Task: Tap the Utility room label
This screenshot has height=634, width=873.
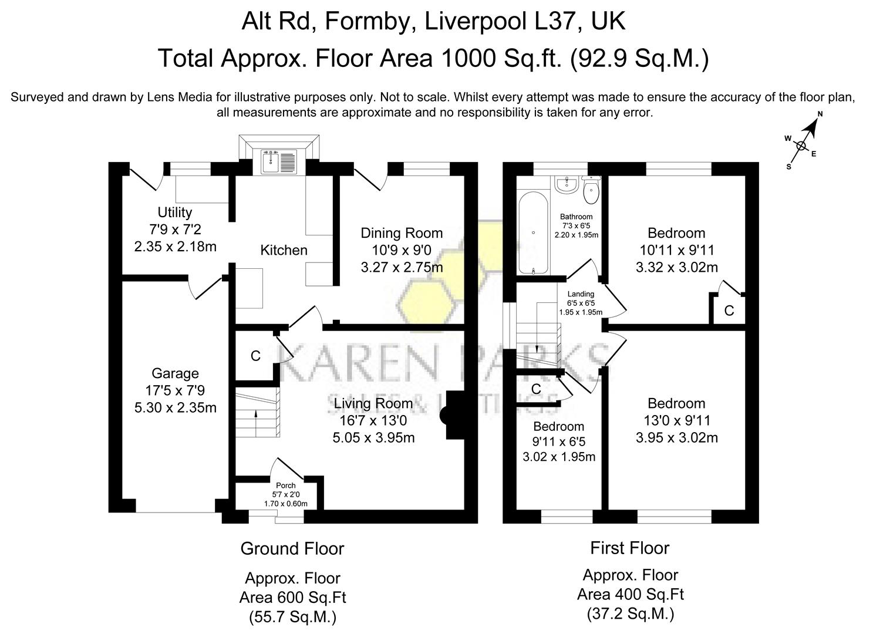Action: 174,213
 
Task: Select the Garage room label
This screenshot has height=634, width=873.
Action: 175,373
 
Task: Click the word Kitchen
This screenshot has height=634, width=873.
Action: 284,250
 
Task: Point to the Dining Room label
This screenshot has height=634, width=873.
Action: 402,233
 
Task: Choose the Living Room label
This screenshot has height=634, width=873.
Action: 373,404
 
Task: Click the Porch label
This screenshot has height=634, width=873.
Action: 286,485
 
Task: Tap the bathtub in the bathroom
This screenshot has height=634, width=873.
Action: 533,232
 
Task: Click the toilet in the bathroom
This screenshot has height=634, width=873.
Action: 591,188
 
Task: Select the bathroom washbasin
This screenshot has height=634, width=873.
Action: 567,183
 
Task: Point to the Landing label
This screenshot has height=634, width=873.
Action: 581,294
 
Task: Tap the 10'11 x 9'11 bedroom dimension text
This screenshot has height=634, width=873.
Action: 676,251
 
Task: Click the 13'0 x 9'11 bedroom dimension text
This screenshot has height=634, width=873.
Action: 676,420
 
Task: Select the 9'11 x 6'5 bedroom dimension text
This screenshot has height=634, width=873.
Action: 558,441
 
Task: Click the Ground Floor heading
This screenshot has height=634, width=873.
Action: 292,549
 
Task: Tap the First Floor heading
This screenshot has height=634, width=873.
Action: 629,548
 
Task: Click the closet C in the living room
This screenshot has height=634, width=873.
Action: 255,356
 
